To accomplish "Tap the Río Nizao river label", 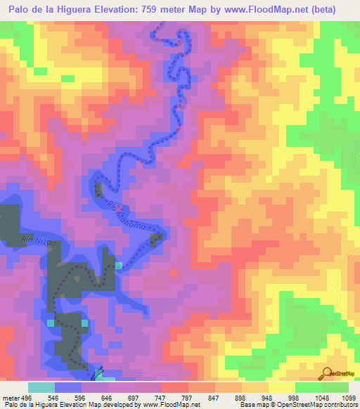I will [x=37, y=241].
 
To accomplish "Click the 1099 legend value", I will [x=349, y=397].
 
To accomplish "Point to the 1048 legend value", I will [x=324, y=397].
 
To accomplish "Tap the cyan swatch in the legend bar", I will [x=41, y=387].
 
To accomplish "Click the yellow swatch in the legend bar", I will [x=281, y=387].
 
